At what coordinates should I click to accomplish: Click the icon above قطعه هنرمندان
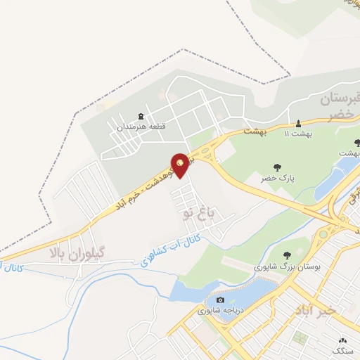coord(139,117)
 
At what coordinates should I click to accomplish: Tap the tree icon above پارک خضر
coord(276,168)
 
